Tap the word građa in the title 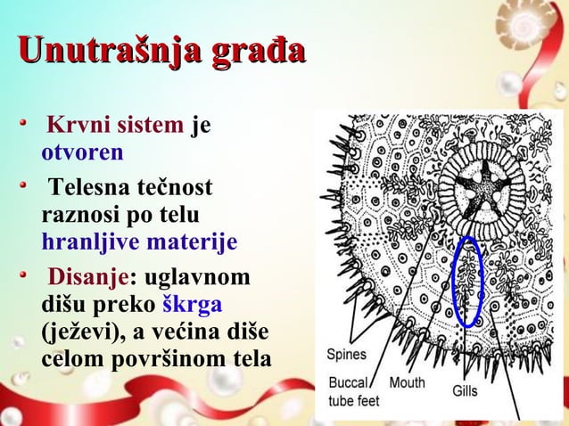coord(256,50)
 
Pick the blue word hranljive coord(86,242)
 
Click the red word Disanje coord(87,279)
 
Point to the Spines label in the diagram coord(346,355)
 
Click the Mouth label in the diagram coord(407,382)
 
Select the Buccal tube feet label coord(354,391)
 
